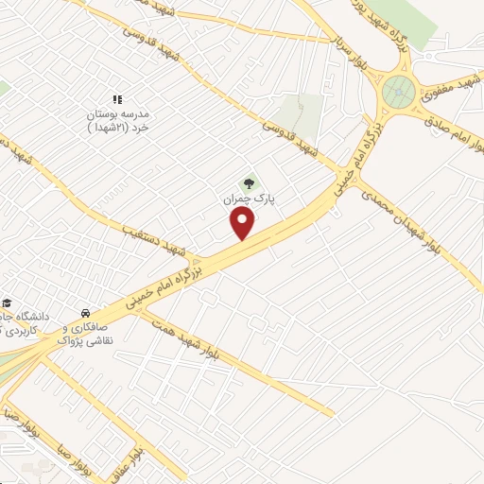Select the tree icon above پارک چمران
tap(249, 183)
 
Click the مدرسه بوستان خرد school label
tap(118, 118)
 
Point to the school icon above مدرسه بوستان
tap(118, 99)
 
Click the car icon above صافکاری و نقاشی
tap(86, 312)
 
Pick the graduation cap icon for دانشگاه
tap(7, 302)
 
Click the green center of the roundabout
tap(398, 93)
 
